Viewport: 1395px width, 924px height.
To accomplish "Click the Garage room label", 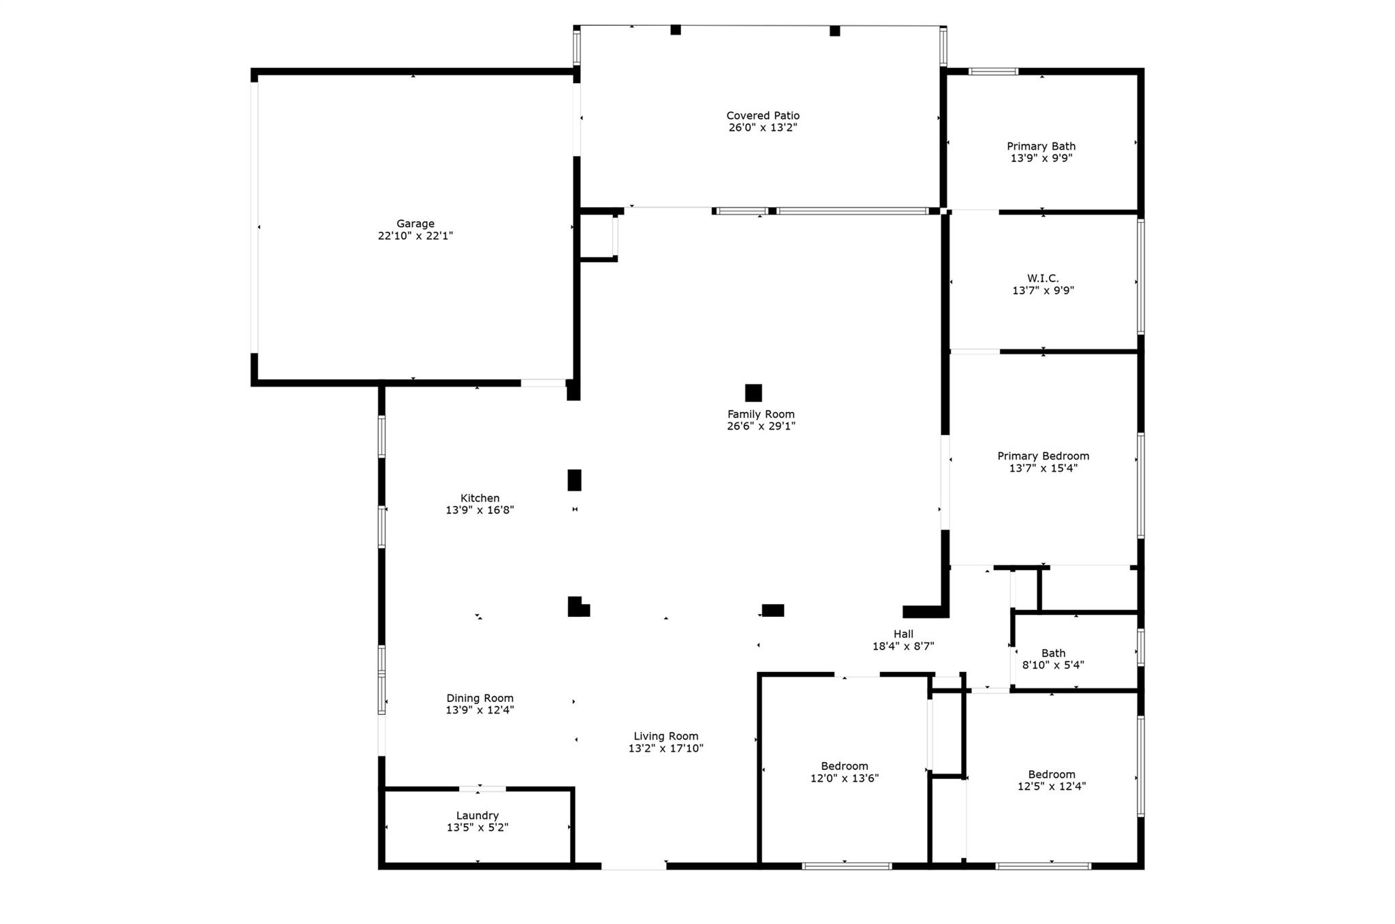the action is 416,223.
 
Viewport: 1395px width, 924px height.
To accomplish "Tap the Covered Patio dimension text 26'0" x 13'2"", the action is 763,127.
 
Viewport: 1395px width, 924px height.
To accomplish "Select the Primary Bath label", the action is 1041,146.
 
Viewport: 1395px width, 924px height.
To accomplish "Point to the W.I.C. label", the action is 1043,278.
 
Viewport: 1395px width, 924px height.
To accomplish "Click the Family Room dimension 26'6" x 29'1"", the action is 761,426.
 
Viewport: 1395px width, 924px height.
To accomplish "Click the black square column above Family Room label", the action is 753,393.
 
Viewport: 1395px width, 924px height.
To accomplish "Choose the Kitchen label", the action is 480,498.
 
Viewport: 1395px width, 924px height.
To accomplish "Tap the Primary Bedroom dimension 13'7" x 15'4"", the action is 1043,468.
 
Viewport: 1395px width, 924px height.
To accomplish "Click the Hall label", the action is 903,634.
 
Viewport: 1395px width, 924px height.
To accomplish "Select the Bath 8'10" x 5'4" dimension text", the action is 1053,665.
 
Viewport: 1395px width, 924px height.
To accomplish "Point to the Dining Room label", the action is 480,698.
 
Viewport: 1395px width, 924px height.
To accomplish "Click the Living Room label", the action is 666,736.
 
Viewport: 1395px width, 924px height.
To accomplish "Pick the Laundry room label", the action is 477,815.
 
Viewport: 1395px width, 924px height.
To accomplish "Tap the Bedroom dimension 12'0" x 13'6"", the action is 845,778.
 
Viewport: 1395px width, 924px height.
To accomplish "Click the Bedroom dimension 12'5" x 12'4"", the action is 1052,786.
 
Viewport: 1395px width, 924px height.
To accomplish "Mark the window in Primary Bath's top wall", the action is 994,71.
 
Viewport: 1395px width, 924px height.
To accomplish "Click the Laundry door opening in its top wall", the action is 482,788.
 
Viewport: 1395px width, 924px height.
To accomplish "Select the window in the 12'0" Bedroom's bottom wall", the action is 847,866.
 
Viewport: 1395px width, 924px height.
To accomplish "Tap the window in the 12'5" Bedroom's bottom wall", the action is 1043,866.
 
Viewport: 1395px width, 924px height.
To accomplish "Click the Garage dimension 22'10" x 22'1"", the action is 416,236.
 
